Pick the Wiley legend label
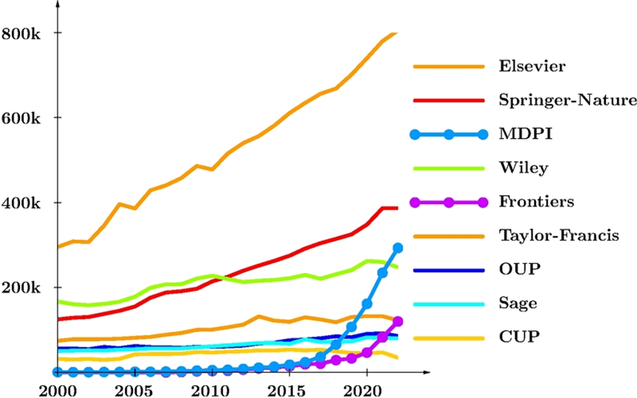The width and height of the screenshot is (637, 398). click(x=523, y=168)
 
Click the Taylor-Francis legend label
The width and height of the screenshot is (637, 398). click(x=559, y=235)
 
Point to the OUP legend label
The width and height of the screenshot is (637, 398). click(x=517, y=269)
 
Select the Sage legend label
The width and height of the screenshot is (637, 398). click(x=517, y=304)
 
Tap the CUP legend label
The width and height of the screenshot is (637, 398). click(x=516, y=337)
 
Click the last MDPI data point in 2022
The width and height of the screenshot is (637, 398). click(x=398, y=248)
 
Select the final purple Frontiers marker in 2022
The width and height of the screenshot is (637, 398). click(x=398, y=322)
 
